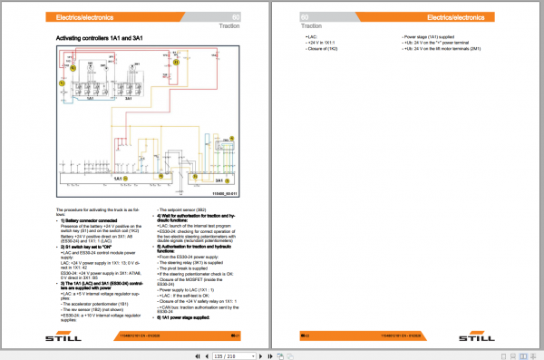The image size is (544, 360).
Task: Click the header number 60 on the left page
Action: (236, 17)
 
